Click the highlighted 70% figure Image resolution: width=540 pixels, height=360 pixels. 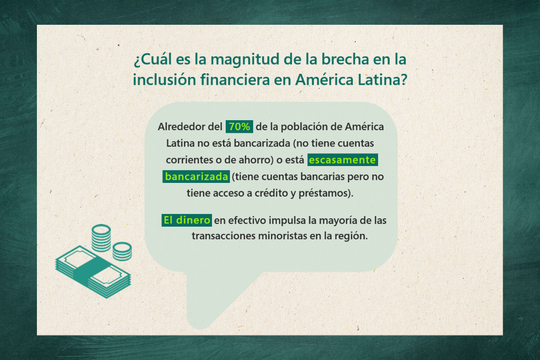click(x=239, y=127)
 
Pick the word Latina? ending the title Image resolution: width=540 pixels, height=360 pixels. click(x=382, y=80)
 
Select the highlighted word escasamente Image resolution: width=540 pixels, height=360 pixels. click(x=343, y=160)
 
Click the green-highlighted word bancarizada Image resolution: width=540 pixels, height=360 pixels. click(x=196, y=177)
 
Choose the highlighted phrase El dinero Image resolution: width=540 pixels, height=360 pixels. click(x=187, y=220)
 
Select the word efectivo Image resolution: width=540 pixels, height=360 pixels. click(x=247, y=220)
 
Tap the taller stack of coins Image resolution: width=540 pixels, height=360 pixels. click(x=101, y=238)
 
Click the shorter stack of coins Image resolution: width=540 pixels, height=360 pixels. click(x=122, y=251)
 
